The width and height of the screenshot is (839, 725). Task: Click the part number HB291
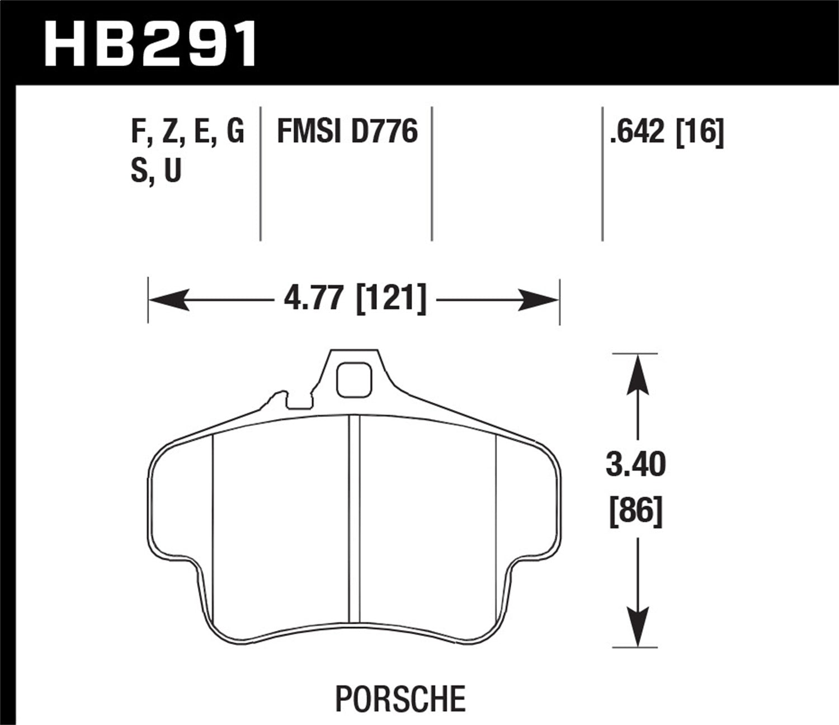tap(151, 44)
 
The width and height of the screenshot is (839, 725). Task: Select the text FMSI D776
tap(347, 133)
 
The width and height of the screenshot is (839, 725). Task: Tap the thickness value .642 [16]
tap(667, 133)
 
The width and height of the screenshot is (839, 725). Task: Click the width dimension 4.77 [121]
tap(355, 298)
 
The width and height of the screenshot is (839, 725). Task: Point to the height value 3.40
tap(636, 464)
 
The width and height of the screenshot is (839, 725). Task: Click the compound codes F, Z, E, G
tap(187, 133)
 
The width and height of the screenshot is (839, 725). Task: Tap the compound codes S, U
tap(156, 170)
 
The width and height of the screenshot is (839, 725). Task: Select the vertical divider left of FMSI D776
tap(261, 173)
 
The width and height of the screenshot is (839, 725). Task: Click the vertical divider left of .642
tap(602, 173)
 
